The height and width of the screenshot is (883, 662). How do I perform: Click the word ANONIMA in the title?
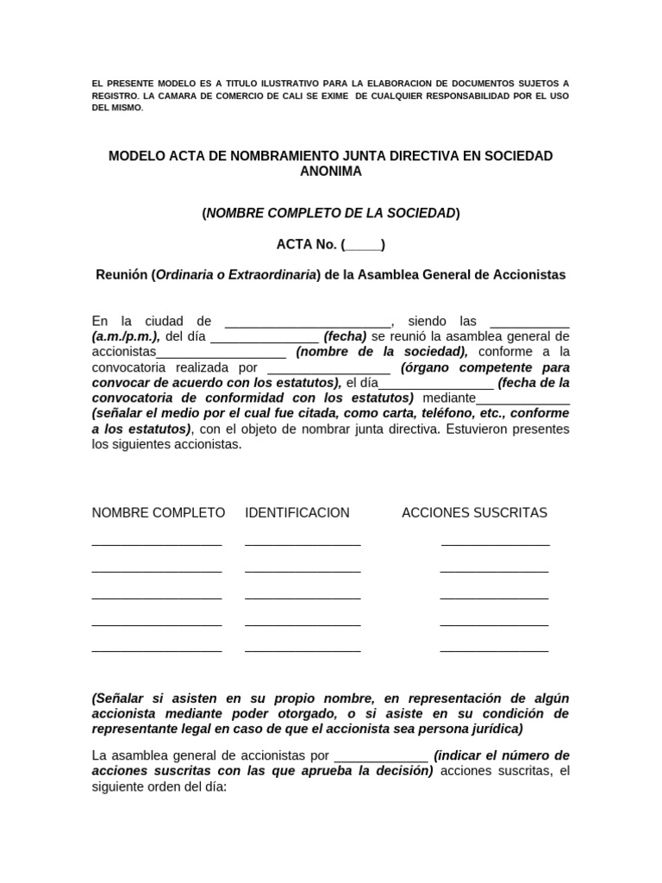click(331, 172)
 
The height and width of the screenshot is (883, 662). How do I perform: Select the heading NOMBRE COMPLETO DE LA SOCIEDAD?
click(331, 213)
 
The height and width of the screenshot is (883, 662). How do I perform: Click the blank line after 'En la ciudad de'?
click(309, 323)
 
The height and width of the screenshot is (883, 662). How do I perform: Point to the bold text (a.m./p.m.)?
click(126, 336)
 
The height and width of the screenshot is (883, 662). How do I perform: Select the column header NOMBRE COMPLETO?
click(159, 513)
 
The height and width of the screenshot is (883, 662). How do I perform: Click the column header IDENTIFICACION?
click(297, 513)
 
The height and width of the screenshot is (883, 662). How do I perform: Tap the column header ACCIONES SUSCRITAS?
click(474, 513)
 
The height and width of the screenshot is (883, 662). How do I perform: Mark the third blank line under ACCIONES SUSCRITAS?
click(494, 598)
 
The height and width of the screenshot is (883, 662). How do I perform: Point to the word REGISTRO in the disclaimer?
click(117, 96)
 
